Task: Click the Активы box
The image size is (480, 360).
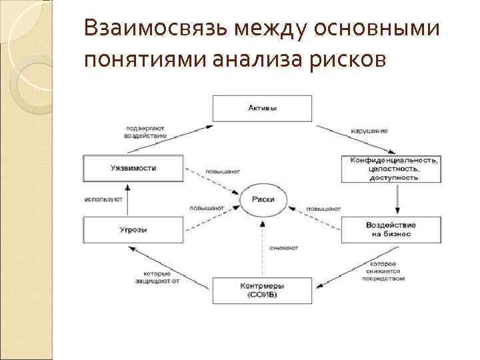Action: (x=262, y=108)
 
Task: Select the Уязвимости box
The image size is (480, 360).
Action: (x=133, y=169)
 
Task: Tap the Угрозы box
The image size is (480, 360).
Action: (x=133, y=230)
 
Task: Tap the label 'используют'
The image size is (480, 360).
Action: (x=103, y=199)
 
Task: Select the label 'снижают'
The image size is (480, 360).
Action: (x=284, y=247)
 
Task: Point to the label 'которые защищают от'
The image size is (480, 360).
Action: (x=157, y=277)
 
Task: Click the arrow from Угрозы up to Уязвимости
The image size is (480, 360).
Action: (x=129, y=199)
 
